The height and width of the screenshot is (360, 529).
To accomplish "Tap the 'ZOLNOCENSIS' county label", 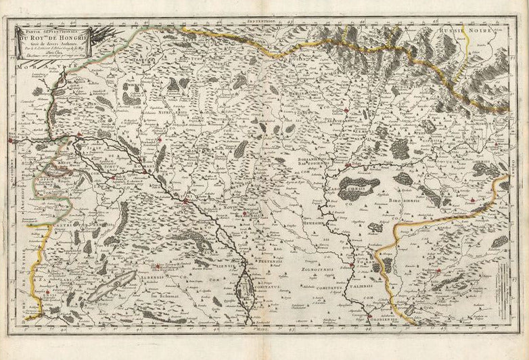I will tap(315, 269).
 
